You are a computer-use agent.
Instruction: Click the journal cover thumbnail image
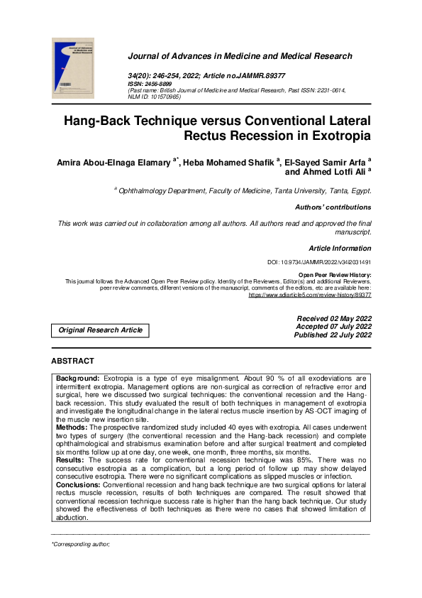(x=73, y=67)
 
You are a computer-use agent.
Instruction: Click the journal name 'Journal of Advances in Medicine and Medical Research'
(x=240, y=56)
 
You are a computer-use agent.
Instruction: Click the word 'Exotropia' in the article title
(x=337, y=135)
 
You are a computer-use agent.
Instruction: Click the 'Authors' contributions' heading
(x=333, y=207)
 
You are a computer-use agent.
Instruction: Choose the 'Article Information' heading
(x=340, y=249)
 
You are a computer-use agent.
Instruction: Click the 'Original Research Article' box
(x=100, y=330)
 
